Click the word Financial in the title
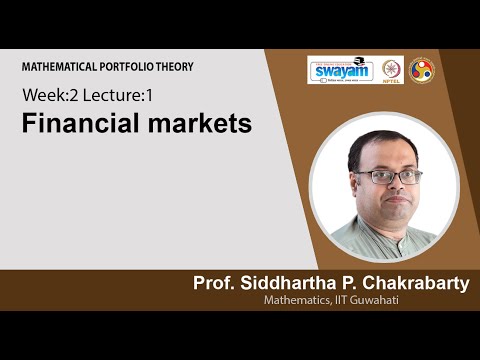tap(74, 125)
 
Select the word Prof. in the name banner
tap(214, 284)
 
